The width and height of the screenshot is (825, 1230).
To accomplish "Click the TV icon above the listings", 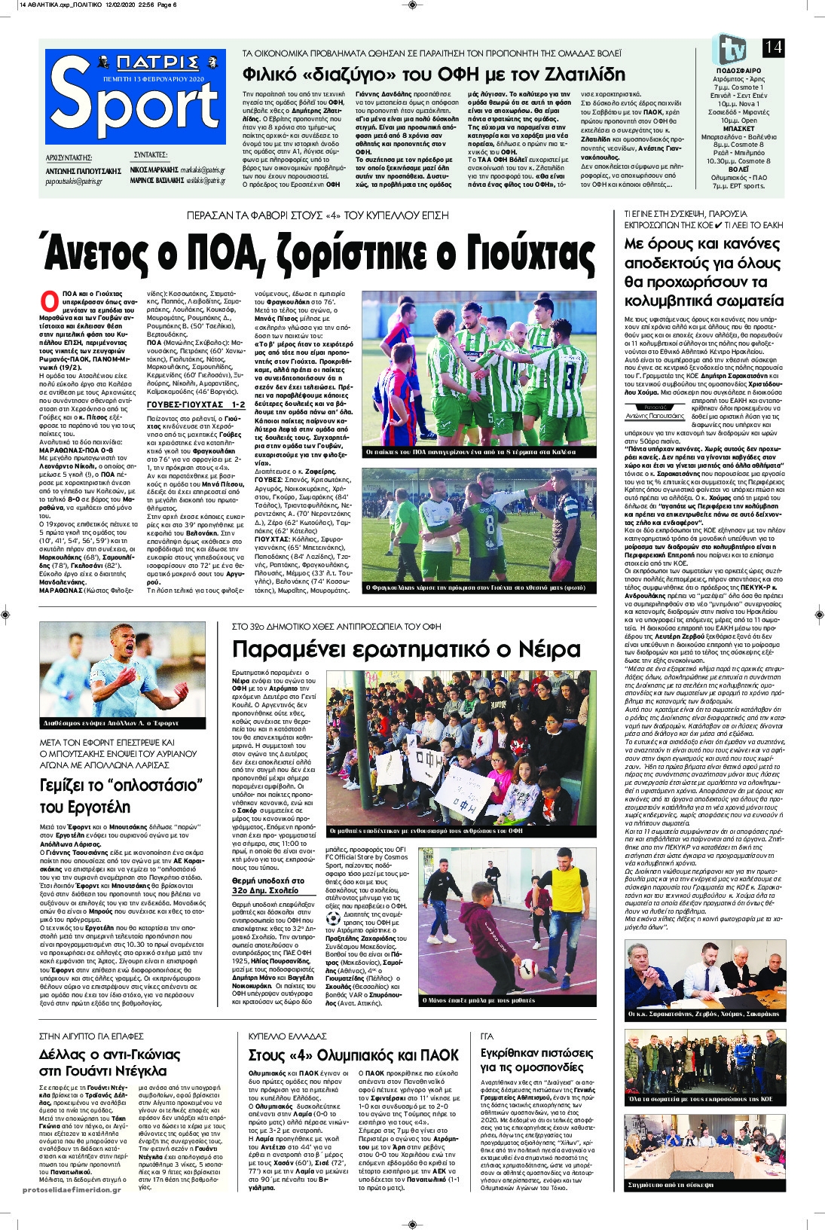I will pyautogui.click(x=729, y=49).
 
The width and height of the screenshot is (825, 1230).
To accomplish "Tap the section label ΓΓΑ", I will pyautogui.click(x=487, y=1036).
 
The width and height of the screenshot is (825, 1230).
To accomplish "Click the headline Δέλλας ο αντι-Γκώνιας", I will pyautogui.click(x=110, y=1054).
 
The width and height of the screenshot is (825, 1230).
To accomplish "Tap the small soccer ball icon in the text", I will pyautogui.click(x=333, y=918).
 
